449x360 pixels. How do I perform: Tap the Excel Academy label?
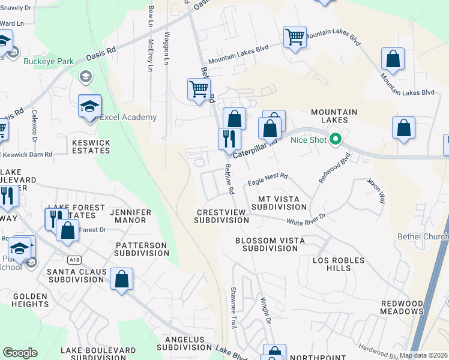(128, 118)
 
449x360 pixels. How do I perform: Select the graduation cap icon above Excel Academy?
(90, 106)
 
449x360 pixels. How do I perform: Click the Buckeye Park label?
(49, 61)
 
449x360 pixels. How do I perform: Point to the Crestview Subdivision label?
(221, 216)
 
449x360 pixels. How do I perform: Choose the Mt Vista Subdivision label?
(283, 203)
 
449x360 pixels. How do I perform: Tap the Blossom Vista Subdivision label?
(270, 244)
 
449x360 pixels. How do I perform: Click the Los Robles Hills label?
(340, 264)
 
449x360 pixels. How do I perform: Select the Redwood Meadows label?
(402, 307)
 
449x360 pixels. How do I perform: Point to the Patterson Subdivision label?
(142, 249)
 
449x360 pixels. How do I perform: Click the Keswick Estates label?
(91, 146)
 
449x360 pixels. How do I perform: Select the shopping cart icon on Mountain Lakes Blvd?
(295, 37)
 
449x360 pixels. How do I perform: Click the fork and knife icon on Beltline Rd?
(229, 139)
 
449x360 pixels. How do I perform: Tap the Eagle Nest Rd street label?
(268, 180)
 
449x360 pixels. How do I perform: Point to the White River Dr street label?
(306, 220)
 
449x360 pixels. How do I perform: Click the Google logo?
(20, 353)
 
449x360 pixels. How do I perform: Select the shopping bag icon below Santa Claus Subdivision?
(121, 279)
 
